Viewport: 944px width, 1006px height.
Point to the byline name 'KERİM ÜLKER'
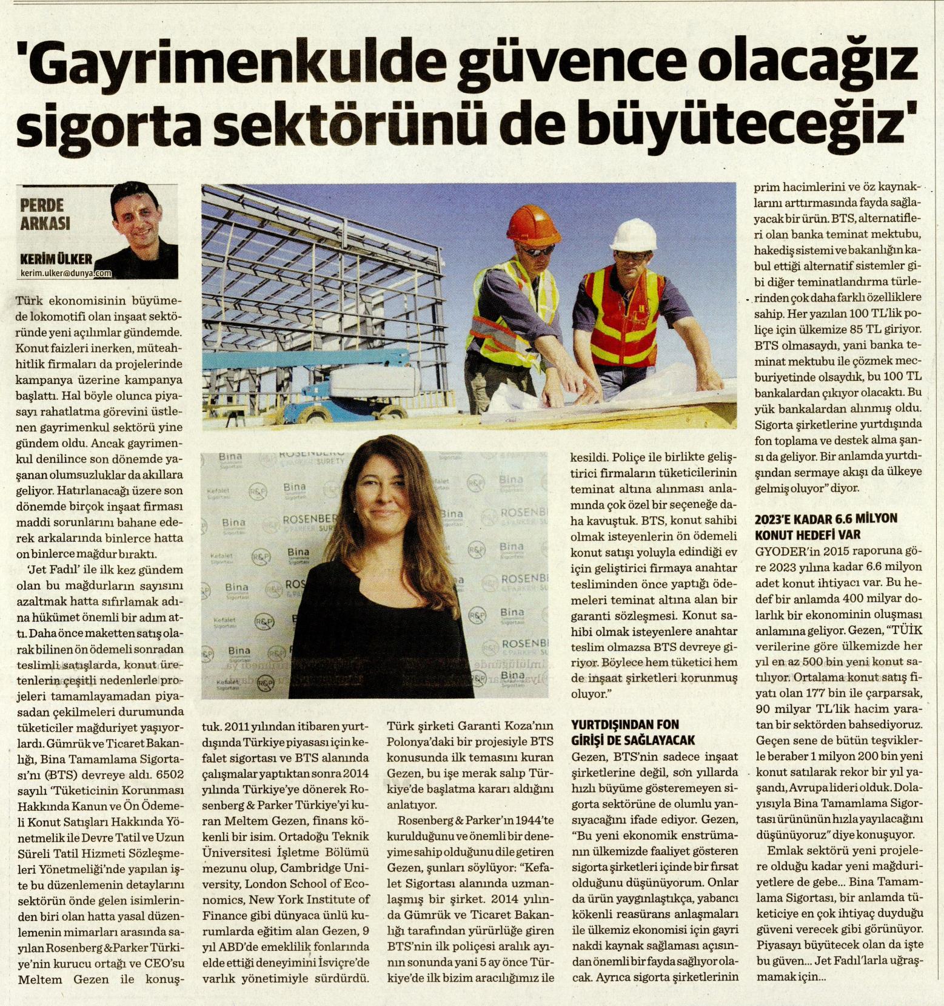point(56,259)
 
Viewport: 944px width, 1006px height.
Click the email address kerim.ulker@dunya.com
point(66,274)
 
